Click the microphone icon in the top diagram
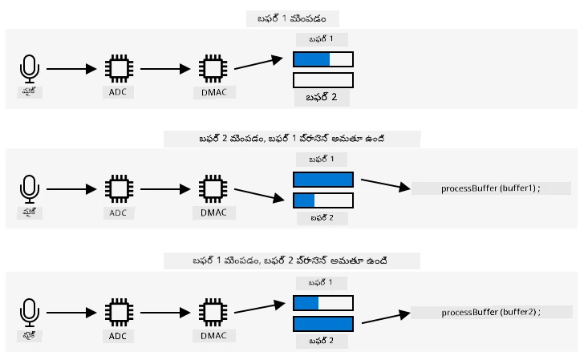pyautogui.click(x=29, y=69)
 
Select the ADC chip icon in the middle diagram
pyautogui.click(x=119, y=189)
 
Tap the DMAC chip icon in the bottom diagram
pyautogui.click(x=213, y=313)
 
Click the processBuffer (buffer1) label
pyautogui.click(x=490, y=188)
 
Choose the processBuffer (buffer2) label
pyautogui.click(x=491, y=312)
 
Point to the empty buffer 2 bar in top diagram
pyautogui.click(x=323, y=80)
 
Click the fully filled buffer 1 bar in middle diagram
pyautogui.click(x=323, y=180)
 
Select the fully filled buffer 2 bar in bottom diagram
pyautogui.click(x=323, y=324)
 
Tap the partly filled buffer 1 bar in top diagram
pyautogui.click(x=323, y=59)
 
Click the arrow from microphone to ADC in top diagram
pyautogui.click(x=71, y=69)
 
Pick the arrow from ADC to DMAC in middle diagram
pyautogui.click(x=165, y=189)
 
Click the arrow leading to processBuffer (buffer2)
pyautogui.click(x=386, y=318)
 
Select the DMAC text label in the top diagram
pyautogui.click(x=214, y=92)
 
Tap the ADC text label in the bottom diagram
pyautogui.click(x=118, y=336)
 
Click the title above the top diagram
pyautogui.click(x=292, y=18)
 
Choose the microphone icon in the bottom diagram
pyautogui.click(x=29, y=313)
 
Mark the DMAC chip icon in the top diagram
pyautogui.click(x=213, y=69)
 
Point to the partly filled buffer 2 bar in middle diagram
pyautogui.click(x=323, y=200)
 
